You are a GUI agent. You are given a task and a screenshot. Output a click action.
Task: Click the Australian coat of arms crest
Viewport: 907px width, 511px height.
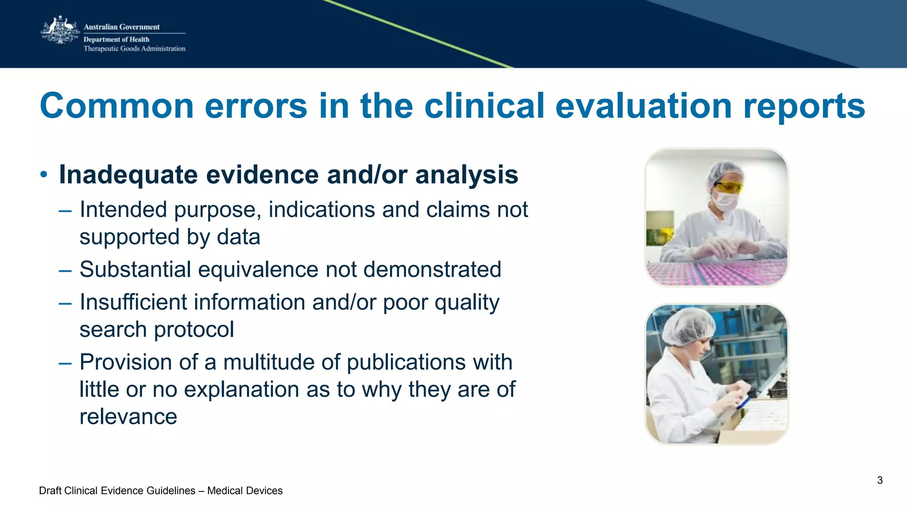click(x=60, y=30)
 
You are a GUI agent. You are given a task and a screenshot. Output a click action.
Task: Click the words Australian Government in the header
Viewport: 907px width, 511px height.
click(x=121, y=27)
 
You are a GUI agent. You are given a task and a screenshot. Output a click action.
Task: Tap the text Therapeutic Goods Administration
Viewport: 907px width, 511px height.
click(x=134, y=49)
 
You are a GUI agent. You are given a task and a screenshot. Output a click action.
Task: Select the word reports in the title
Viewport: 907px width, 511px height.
click(x=804, y=106)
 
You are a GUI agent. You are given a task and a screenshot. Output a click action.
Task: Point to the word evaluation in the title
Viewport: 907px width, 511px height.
click(x=643, y=106)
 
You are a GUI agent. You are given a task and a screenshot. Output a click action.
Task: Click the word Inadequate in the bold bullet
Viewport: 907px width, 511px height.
click(x=129, y=175)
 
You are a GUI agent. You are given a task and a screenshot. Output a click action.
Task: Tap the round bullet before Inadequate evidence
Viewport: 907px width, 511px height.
click(x=43, y=175)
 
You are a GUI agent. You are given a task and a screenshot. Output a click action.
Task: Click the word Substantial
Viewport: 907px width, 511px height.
click(x=135, y=269)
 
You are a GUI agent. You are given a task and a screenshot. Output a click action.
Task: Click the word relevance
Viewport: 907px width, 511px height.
click(x=128, y=417)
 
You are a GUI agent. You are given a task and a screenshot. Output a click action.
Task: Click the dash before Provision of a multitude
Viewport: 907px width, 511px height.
click(x=65, y=363)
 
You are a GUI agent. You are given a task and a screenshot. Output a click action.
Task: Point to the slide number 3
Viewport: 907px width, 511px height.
click(x=880, y=480)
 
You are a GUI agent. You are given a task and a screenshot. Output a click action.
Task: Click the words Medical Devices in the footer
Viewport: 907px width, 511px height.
click(x=244, y=491)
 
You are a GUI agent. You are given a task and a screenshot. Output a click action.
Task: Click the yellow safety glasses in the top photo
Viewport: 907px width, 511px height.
click(x=729, y=187)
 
